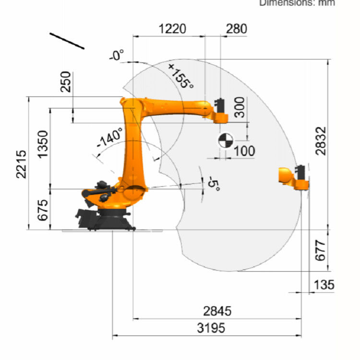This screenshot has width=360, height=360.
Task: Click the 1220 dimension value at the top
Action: [x=172, y=29]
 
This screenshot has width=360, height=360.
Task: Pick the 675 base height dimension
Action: [x=43, y=210]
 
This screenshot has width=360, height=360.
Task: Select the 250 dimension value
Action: [x=65, y=82]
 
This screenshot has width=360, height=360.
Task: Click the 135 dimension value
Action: [x=324, y=285]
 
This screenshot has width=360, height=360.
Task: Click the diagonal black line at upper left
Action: [x=67, y=40]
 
